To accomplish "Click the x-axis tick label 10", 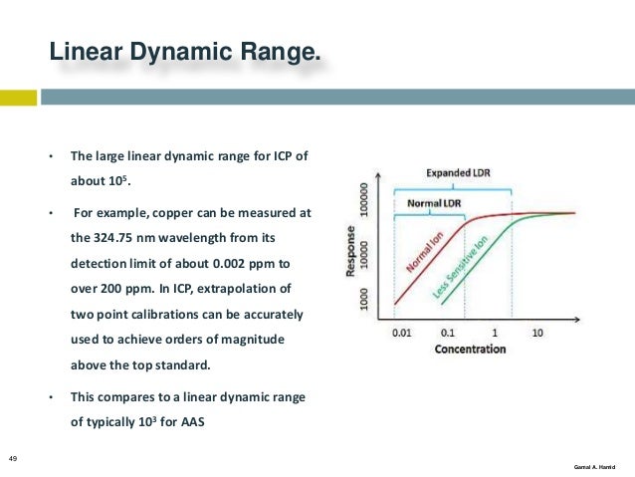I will (537, 332).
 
